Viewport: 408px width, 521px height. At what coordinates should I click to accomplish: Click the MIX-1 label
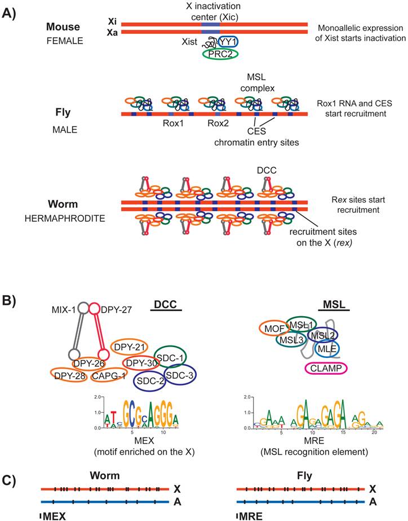65,309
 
